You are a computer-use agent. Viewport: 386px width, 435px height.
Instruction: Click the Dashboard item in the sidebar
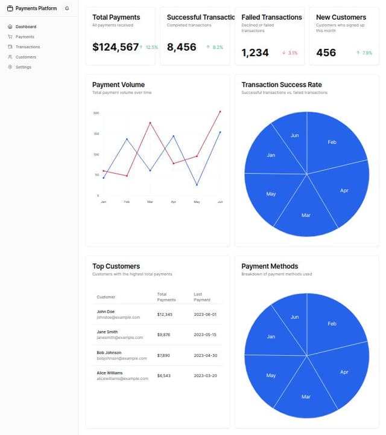(25, 27)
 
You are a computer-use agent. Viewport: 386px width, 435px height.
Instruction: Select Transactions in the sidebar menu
(27, 47)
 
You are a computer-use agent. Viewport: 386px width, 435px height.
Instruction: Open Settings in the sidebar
(23, 67)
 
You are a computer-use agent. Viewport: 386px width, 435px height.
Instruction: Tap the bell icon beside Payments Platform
(67, 8)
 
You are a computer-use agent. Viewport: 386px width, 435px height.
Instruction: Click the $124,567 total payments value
(115, 47)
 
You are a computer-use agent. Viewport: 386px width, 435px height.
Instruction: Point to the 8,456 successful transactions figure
(182, 47)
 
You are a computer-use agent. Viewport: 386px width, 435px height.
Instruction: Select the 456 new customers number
(326, 53)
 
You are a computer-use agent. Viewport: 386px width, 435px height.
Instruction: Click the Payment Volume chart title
(118, 85)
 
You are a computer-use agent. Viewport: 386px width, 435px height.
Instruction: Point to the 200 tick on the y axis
(96, 113)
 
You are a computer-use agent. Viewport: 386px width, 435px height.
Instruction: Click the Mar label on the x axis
(150, 201)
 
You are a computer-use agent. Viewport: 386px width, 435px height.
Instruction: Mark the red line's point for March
(150, 123)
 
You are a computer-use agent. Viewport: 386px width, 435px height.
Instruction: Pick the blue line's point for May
(197, 185)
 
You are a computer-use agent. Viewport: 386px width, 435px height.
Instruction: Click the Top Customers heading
(116, 266)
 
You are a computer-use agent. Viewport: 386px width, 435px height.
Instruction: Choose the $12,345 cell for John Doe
(165, 314)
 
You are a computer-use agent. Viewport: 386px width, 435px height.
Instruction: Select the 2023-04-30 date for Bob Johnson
(205, 355)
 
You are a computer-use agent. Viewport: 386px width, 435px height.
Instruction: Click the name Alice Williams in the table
(110, 373)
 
